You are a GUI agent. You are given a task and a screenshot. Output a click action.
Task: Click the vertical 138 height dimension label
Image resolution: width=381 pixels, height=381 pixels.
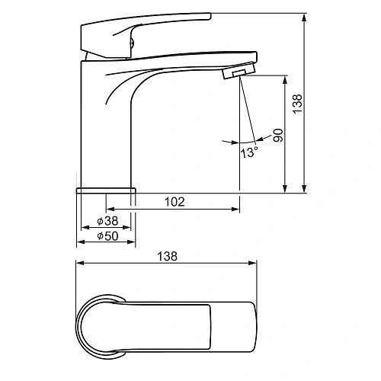297,104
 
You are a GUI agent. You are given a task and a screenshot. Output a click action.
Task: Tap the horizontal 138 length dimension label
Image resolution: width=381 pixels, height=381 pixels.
168,256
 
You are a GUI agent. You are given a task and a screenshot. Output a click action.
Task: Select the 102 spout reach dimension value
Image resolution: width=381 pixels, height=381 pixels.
174,202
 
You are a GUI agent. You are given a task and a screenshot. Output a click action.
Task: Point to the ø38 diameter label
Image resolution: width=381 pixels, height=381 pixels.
107,221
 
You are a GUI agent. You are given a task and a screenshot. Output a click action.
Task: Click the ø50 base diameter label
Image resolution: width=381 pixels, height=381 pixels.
107,236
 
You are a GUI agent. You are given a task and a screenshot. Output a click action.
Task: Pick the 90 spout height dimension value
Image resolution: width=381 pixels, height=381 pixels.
278,136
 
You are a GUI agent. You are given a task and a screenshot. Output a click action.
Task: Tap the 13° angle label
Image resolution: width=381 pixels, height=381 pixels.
249,152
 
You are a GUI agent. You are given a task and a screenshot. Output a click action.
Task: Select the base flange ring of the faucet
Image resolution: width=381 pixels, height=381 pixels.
106,190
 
